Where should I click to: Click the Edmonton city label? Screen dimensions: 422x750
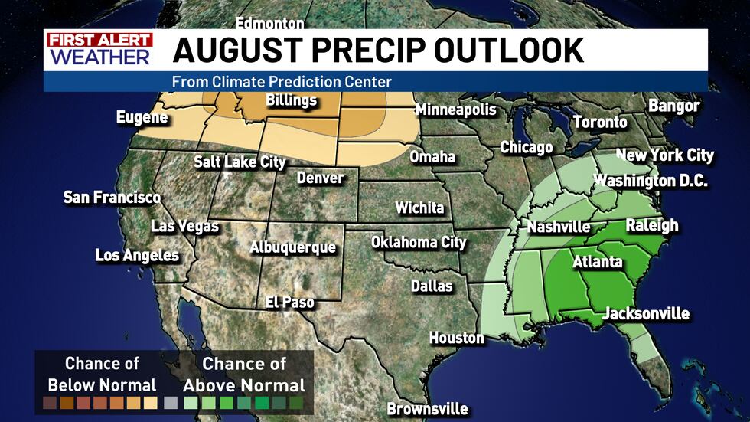(x=269, y=23)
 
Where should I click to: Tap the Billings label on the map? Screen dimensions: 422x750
(x=291, y=101)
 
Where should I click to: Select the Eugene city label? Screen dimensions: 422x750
(x=142, y=118)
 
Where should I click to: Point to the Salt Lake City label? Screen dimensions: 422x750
(x=240, y=162)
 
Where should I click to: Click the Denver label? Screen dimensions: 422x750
(x=320, y=178)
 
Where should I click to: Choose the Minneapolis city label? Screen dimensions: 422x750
(x=455, y=110)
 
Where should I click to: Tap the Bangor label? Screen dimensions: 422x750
(x=674, y=106)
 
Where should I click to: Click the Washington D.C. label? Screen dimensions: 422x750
(x=651, y=182)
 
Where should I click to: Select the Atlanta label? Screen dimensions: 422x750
(x=598, y=262)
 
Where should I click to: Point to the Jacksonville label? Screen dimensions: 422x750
(x=646, y=314)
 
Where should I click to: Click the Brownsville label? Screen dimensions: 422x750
(x=427, y=409)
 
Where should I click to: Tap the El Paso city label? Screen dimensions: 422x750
(x=289, y=303)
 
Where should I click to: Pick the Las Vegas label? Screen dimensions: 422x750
(x=184, y=227)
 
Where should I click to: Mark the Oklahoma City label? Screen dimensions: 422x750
(x=419, y=243)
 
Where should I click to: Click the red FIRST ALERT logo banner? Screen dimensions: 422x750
(x=99, y=40)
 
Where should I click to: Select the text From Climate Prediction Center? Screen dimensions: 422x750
(x=282, y=81)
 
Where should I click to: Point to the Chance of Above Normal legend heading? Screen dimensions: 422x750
(x=243, y=375)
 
